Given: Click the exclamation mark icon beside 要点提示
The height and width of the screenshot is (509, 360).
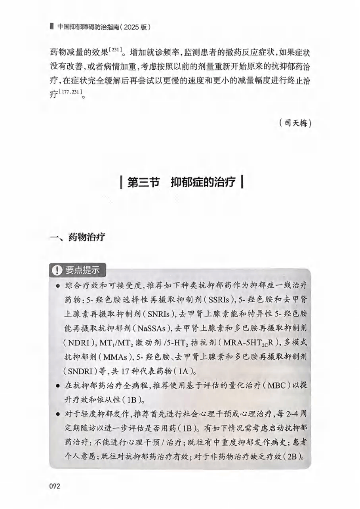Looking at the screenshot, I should pos(57,271).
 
